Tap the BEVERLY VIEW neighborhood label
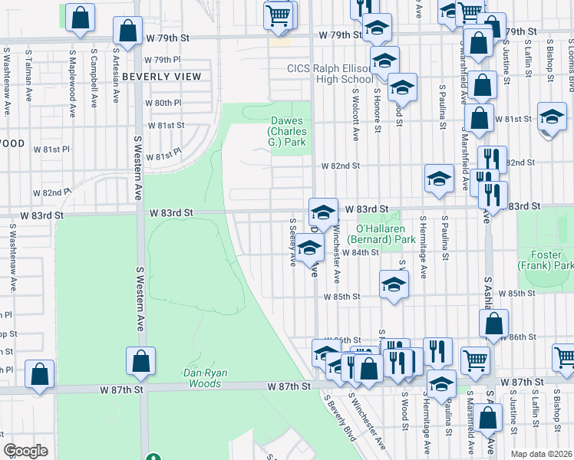click(x=161, y=77)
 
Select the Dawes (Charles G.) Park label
click(x=288, y=132)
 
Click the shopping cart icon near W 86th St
click(x=475, y=359)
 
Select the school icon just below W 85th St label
click(x=394, y=284)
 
